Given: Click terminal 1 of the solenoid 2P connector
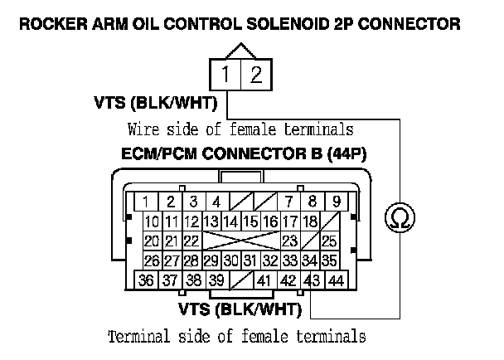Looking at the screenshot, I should [x=226, y=76].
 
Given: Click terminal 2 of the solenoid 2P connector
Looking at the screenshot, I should [x=256, y=76].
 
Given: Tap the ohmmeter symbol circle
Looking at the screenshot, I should [x=400, y=219].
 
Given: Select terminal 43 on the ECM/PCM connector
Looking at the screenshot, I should [x=313, y=280].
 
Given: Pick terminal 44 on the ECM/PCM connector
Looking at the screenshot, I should [x=336, y=280].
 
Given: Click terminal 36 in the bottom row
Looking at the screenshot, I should [x=147, y=280].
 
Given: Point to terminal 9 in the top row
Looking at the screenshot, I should [x=336, y=202].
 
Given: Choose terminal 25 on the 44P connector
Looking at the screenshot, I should [x=329, y=241].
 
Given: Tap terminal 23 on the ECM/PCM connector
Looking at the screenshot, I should [x=289, y=241].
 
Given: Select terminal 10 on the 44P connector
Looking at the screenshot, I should [x=152, y=221].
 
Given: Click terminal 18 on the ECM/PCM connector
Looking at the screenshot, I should [x=309, y=221].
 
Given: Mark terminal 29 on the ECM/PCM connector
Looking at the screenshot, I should [x=211, y=260].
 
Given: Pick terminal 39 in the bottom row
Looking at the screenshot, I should [x=216, y=280].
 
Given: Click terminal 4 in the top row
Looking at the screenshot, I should [x=216, y=202].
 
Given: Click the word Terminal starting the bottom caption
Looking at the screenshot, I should [x=137, y=338].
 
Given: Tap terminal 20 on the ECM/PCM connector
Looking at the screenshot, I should [x=152, y=241].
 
